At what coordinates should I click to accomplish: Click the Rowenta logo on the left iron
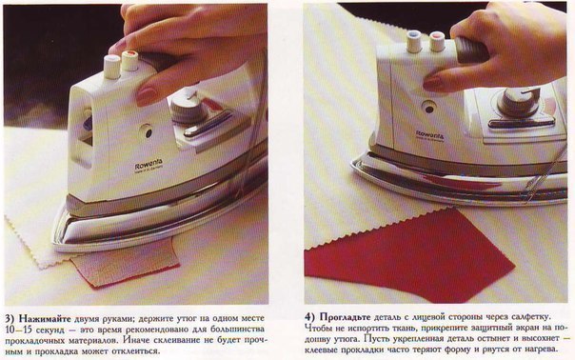149,165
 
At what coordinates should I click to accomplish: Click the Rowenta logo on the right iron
429,134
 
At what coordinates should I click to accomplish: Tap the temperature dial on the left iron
187,108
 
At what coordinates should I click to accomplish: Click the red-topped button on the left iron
129,61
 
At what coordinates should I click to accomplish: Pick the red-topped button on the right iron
438,42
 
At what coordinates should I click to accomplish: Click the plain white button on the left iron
111,67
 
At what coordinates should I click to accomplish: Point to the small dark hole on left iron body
147,131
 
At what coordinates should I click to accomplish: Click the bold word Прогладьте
345,317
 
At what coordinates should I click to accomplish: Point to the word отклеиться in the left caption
136,351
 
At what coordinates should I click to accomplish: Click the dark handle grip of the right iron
472,49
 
